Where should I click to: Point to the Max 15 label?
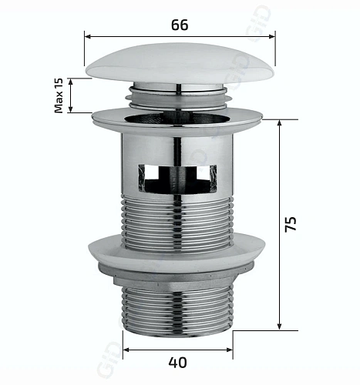pos(59,95)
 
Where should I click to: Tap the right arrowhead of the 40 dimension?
pos(231,346)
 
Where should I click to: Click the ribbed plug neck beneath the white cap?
pos(179,95)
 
